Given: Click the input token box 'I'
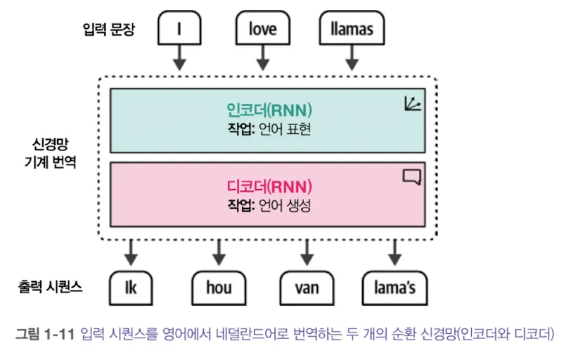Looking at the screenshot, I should [x=180, y=29].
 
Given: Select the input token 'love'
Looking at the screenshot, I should [x=262, y=29].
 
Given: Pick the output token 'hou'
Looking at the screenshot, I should [x=218, y=288].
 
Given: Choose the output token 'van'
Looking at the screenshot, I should [x=306, y=288].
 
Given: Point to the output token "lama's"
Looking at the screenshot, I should [x=394, y=288].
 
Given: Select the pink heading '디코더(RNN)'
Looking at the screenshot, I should [x=269, y=187].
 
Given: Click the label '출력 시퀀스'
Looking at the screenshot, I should [x=51, y=287].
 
